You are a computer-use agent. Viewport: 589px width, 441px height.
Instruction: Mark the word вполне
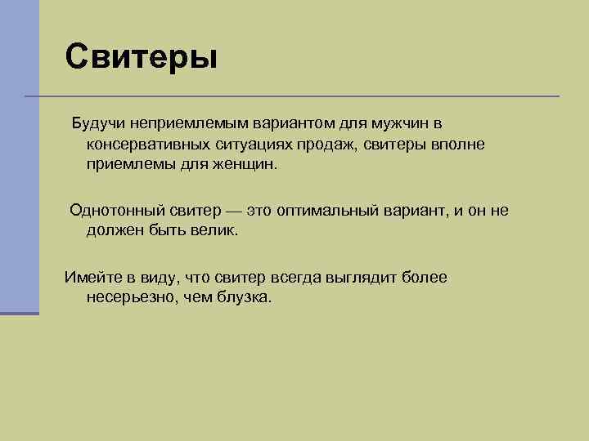pyautogui.click(x=458, y=144)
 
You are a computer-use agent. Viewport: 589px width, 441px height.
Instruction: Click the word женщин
pyautogui.click(x=246, y=164)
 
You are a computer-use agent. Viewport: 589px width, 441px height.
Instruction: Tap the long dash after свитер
pyautogui.click(x=234, y=211)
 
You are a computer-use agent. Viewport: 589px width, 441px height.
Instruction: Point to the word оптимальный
pyautogui.click(x=329, y=210)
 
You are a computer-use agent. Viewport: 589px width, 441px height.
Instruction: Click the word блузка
pyautogui.click(x=244, y=297)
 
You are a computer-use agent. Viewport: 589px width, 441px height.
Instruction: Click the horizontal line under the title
pyautogui.click(x=294, y=96)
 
